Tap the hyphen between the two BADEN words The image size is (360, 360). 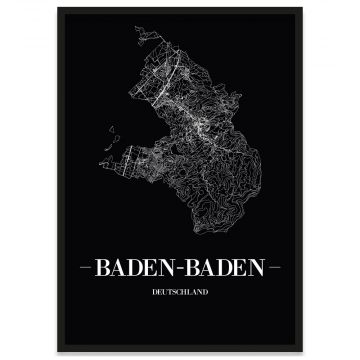pyautogui.click(x=177, y=267)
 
